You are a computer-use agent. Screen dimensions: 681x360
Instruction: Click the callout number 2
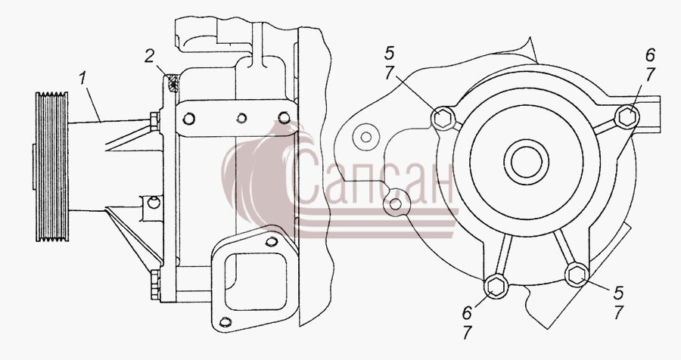pos(149,56)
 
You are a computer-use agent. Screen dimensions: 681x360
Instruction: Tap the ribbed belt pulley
pos(51,166)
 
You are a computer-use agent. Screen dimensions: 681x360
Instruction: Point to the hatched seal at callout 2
pos(173,83)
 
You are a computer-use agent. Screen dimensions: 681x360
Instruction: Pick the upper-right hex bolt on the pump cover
pos(627,116)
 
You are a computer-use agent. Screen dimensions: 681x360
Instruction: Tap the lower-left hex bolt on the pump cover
pos(495,286)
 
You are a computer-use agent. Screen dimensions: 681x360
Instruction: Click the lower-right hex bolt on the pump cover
pos(577,275)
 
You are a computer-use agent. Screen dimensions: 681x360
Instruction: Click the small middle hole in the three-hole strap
pos(242,118)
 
